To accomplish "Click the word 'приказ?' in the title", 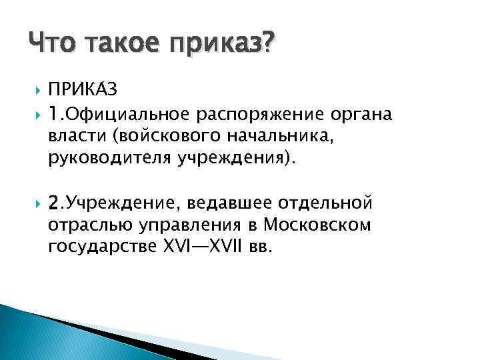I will click(224, 45).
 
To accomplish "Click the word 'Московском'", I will click(317, 224).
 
